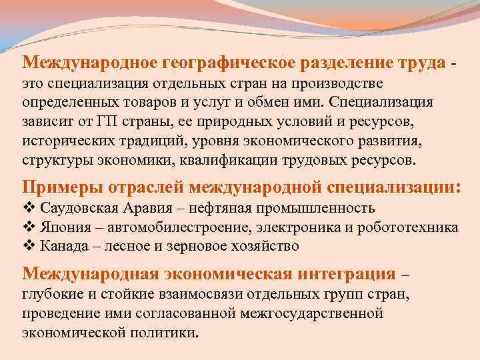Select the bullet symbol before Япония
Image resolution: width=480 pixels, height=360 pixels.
pyautogui.click(x=28, y=227)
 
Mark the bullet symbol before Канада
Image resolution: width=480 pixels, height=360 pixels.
pyautogui.click(x=28, y=246)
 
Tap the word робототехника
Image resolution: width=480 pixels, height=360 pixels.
pyautogui.click(x=415, y=227)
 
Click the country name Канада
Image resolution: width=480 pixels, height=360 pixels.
pyautogui.click(x=63, y=246)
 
